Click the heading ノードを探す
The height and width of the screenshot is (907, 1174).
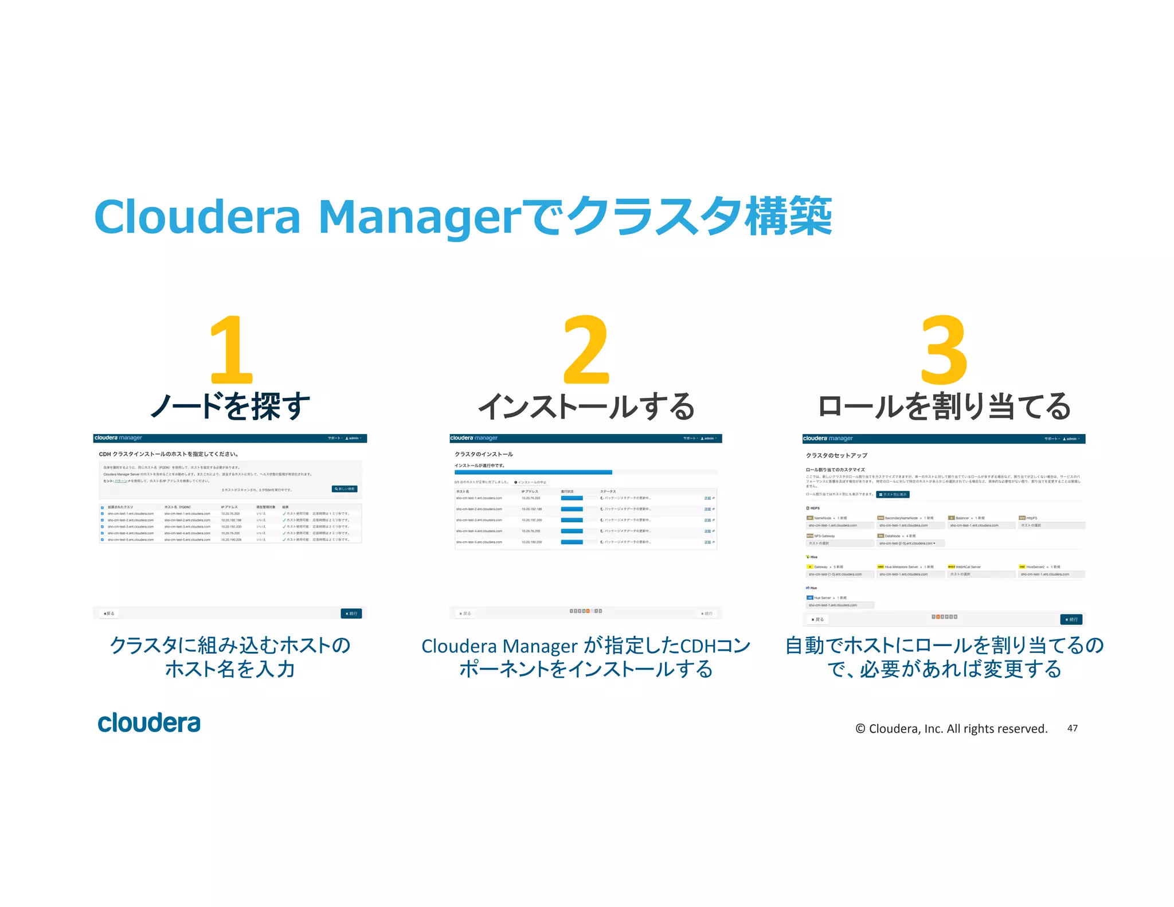[230, 406]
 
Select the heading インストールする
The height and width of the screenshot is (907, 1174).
[586, 406]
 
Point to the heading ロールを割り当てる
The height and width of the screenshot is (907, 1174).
[944, 406]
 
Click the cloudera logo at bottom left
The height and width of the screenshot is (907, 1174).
[149, 723]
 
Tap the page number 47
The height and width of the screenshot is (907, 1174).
[1072, 728]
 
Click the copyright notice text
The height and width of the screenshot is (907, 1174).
[951, 728]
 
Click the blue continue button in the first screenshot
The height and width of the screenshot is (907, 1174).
[351, 613]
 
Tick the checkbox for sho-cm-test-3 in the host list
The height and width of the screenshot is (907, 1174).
[103, 526]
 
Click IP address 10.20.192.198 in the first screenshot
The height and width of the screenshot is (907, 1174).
[231, 520]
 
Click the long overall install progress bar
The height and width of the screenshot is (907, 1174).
[533, 472]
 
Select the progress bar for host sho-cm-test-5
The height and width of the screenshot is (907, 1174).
[572, 542]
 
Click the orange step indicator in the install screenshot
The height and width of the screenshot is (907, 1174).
[588, 611]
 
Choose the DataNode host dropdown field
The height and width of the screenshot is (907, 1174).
[910, 543]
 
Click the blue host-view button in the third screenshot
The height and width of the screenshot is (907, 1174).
[893, 494]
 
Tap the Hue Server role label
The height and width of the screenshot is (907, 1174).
[822, 597]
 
